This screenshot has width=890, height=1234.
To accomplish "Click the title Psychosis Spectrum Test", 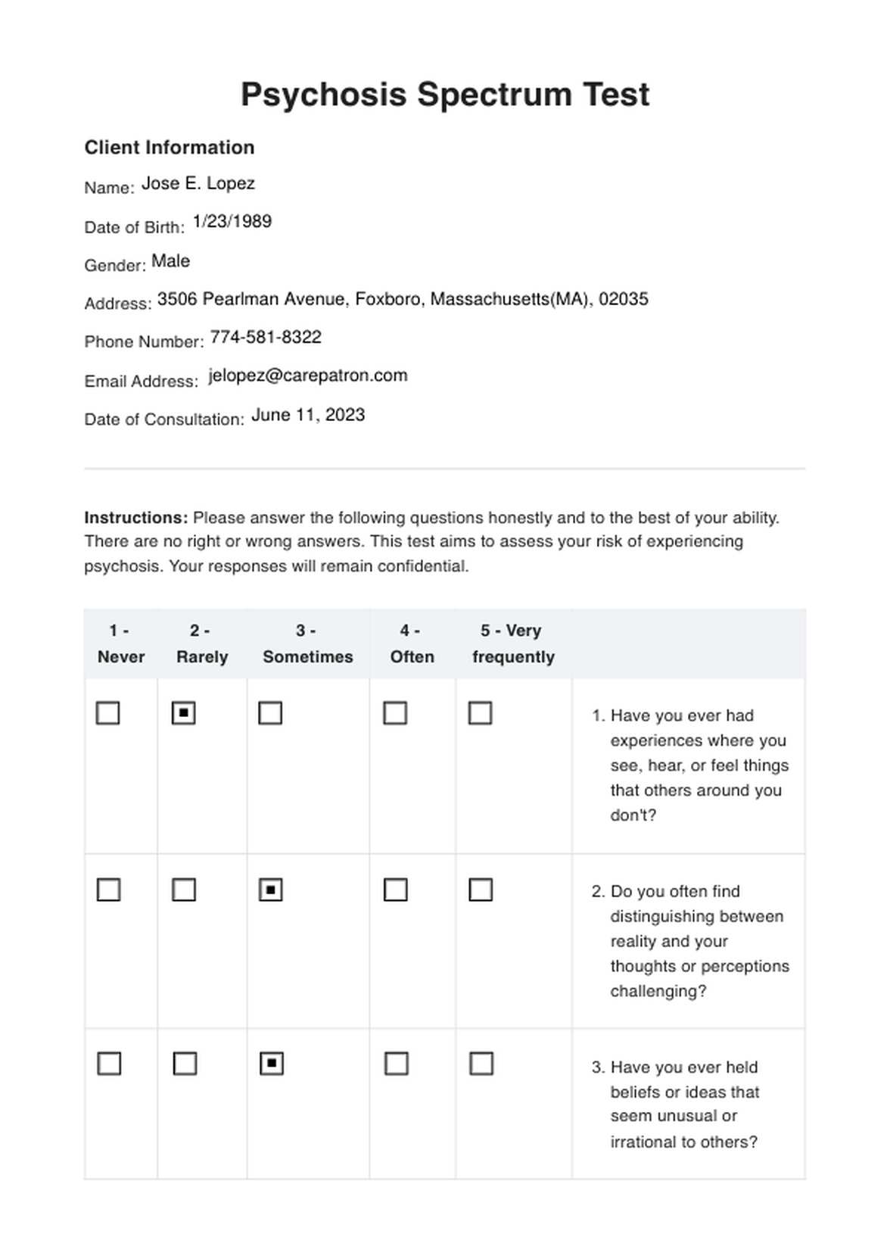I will [x=445, y=95].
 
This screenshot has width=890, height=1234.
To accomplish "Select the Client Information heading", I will [x=169, y=148].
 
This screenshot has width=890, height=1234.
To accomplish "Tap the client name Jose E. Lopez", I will [x=198, y=184].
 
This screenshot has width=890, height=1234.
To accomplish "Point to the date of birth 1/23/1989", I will [x=232, y=222].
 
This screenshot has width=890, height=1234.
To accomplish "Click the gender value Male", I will [x=170, y=262].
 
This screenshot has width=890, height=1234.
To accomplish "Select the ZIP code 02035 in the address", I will [x=623, y=300].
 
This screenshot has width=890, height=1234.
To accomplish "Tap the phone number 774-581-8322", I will [x=266, y=338].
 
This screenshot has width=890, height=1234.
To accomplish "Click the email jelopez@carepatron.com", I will [x=308, y=376].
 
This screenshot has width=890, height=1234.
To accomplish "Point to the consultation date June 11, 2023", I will [x=308, y=416].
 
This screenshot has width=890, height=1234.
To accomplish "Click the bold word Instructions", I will [x=135, y=519].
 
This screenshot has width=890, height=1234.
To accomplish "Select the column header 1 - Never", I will [x=120, y=643].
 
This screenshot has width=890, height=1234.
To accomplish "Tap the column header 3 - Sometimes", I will [x=307, y=643].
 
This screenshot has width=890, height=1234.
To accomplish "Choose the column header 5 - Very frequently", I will [x=513, y=643].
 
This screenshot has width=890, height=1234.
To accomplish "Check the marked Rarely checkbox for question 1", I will [x=184, y=713].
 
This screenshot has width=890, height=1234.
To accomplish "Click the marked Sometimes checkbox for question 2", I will [x=270, y=890].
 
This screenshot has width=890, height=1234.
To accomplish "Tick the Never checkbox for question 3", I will [x=109, y=1064].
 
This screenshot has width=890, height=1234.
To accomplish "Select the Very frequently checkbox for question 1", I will [x=481, y=713].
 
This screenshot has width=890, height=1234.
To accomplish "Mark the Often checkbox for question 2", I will [x=395, y=890].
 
